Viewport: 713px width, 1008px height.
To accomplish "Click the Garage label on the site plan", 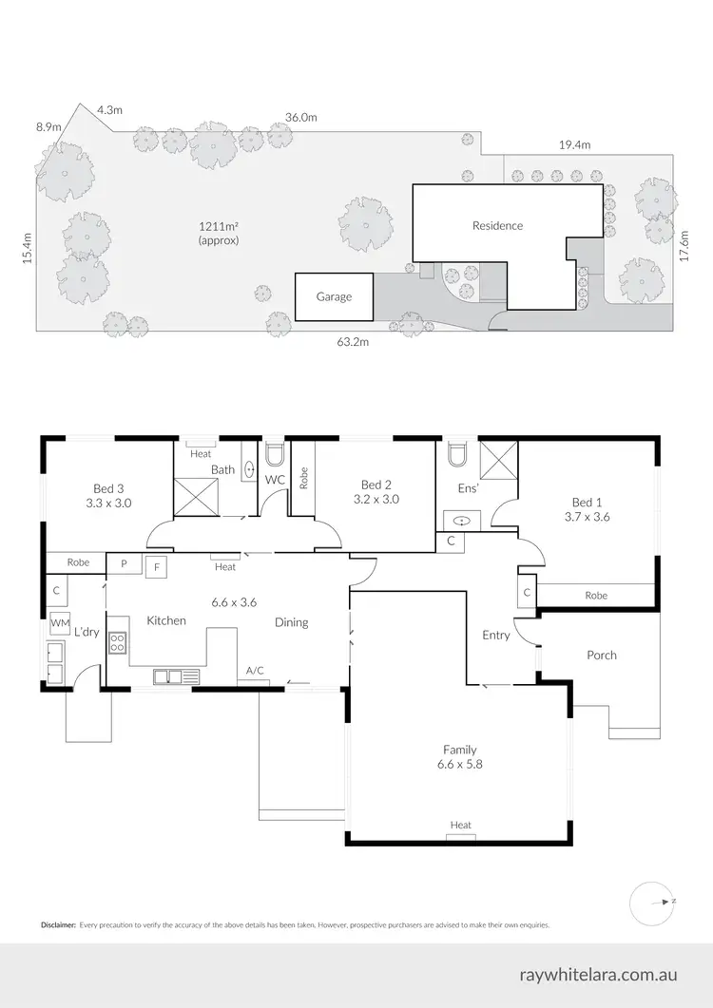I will (334, 296).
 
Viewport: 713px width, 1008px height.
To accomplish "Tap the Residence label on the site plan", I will (497, 226).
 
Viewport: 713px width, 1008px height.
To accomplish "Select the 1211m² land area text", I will (218, 226).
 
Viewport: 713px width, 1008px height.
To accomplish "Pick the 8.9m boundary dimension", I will (48, 126).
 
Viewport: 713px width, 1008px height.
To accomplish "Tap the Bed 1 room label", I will (587, 503).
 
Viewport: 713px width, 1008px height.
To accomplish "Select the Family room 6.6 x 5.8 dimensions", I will (458, 764).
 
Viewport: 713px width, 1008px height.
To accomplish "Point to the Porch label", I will (601, 655).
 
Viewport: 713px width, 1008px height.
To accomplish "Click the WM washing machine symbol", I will (60, 623).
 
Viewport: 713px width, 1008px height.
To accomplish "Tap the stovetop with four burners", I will (118, 641).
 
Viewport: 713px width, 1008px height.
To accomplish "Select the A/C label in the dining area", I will (255, 671).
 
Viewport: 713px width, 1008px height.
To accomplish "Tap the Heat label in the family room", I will (460, 825).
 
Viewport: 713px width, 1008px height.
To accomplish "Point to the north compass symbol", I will (652, 900).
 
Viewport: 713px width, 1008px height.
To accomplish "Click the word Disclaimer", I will (58, 924).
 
